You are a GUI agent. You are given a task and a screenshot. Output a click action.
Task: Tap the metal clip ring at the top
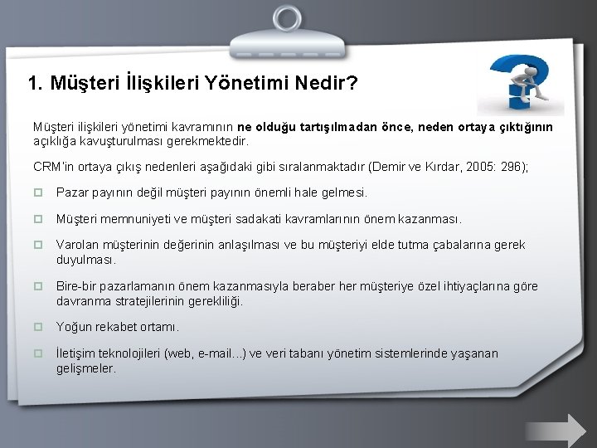click(x=298, y=18)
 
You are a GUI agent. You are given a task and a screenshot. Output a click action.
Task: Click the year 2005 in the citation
click(x=466, y=166)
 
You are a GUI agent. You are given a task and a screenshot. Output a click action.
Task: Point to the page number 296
click(x=507, y=166)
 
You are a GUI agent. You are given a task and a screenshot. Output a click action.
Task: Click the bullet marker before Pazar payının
click(x=37, y=192)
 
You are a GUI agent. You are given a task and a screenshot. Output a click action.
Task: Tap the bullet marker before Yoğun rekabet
click(x=37, y=327)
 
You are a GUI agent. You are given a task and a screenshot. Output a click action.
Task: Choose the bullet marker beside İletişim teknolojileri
click(x=37, y=353)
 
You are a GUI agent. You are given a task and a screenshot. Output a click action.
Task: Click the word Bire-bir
click(x=75, y=286)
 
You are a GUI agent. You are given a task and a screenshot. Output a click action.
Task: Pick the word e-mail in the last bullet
click(x=214, y=353)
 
